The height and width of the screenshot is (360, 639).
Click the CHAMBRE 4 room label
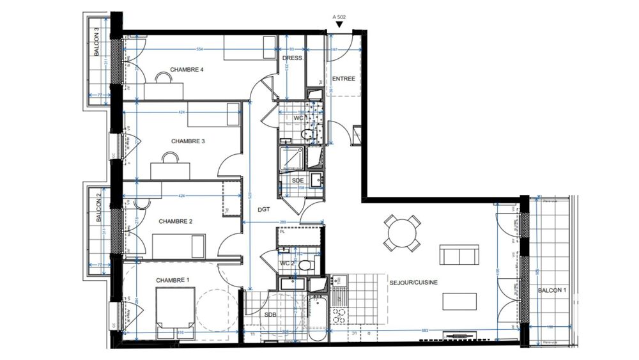pos(187,70)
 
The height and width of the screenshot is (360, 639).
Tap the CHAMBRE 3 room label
pos(187,141)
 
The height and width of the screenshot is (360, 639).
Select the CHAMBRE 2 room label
pos(176,221)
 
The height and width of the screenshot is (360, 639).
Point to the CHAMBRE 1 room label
pos(173,280)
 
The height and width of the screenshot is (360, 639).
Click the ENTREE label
pos(343,79)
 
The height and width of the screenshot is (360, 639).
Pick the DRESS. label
pos(293,58)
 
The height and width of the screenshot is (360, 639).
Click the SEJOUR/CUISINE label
pos(413,282)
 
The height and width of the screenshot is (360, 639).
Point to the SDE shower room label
pos(298,181)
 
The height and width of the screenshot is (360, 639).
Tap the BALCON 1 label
pos(551,290)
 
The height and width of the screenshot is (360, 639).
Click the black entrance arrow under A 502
pos(339,25)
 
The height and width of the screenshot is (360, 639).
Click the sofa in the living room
pos(459,254)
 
